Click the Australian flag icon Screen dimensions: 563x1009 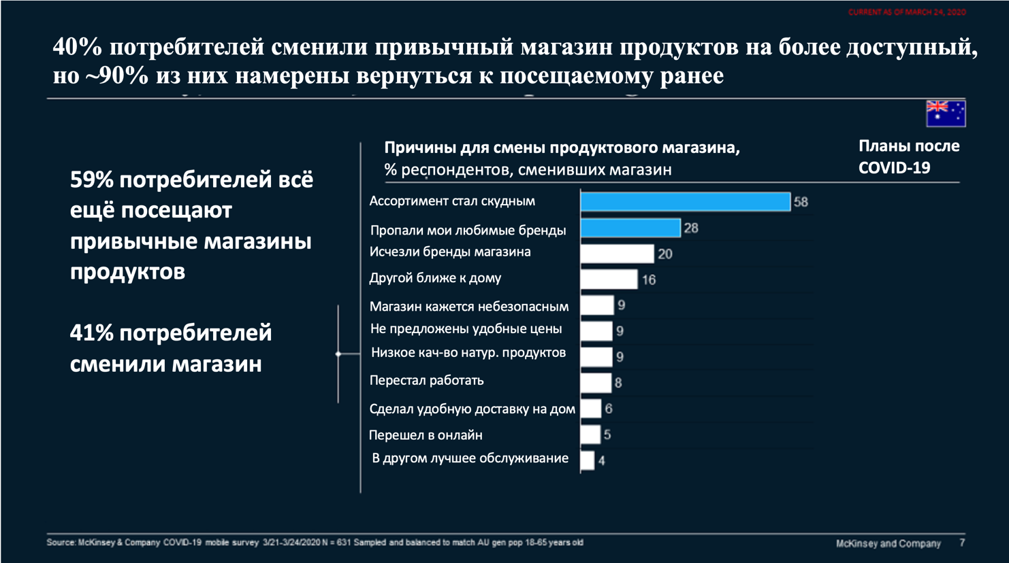coord(945,114)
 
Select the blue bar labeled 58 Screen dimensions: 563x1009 coord(685,202)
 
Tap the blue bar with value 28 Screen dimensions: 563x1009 coord(630,228)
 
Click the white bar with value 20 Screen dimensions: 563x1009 coord(617,254)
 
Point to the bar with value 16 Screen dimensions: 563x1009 coord(609,279)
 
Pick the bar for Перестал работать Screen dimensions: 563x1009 coord(596,382)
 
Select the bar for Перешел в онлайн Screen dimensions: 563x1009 coord(590,434)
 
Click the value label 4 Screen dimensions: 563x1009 coord(602,461)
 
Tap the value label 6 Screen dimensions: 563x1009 coord(609,409)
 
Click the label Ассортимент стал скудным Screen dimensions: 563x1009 coord(452,201)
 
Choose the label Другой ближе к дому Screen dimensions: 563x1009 coord(435,278)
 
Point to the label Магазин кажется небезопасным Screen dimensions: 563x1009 coord(469,307)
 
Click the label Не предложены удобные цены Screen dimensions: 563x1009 coord(466,329)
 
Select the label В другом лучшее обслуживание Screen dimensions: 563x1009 coord(470,458)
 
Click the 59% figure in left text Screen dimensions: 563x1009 coord(91,180)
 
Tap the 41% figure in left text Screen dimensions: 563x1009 coord(91,333)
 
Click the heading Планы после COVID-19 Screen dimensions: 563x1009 coord(908,156)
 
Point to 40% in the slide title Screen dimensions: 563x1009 coord(77,47)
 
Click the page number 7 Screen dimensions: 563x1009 coord(962,543)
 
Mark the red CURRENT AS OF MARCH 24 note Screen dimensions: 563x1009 coord(906,12)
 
